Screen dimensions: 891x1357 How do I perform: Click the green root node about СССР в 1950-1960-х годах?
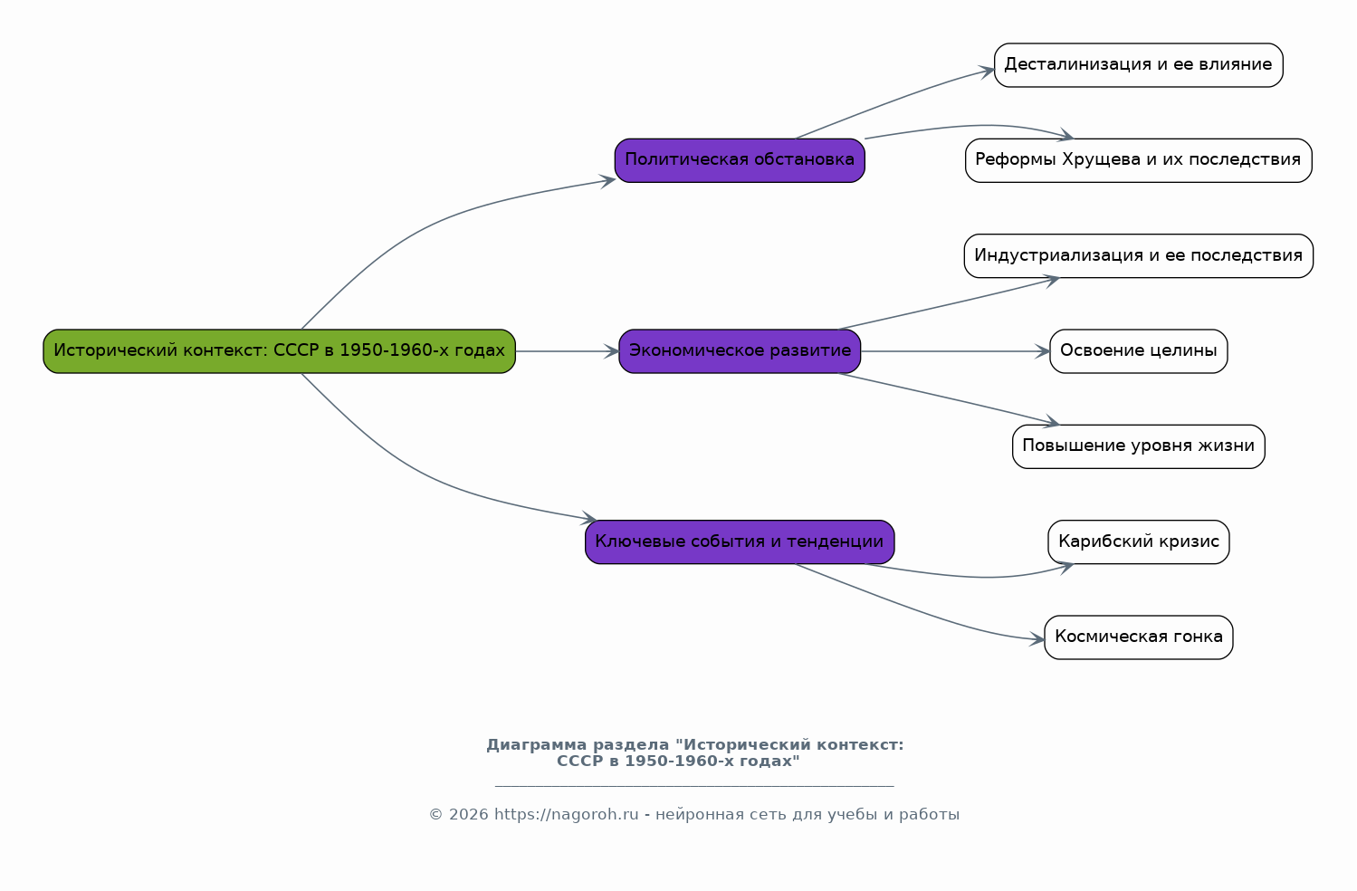pyautogui.click(x=279, y=351)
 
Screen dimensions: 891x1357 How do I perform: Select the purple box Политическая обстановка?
pyautogui.click(x=740, y=160)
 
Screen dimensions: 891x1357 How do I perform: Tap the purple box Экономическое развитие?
pyautogui.click(x=740, y=351)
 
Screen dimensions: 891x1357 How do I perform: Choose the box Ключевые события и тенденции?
pyautogui.click(x=740, y=542)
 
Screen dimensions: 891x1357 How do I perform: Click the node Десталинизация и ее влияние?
pyautogui.click(x=1138, y=65)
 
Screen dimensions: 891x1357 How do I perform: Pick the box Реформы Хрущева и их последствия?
pyautogui.click(x=1138, y=160)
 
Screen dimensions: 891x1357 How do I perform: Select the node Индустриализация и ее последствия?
pyautogui.click(x=1138, y=256)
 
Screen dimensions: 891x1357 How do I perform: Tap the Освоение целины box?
pyautogui.click(x=1138, y=351)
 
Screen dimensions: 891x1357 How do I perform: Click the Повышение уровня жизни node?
pyautogui.click(x=1138, y=446)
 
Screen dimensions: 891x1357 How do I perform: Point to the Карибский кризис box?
pyautogui.click(x=1138, y=542)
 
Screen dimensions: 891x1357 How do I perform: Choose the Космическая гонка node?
pyautogui.click(x=1138, y=637)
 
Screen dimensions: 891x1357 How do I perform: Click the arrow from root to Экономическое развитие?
pyautogui.click(x=566, y=351)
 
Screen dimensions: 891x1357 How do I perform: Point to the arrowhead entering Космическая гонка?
pyautogui.click(x=1038, y=639)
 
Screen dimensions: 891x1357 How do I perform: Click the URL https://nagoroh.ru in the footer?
pyautogui.click(x=566, y=815)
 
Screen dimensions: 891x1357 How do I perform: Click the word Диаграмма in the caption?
pyautogui.click(x=536, y=745)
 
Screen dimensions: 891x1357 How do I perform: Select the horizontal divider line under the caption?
pyautogui.click(x=694, y=786)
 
